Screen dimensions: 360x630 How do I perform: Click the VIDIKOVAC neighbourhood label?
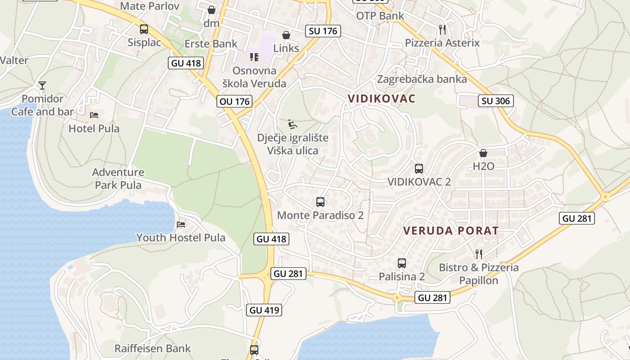(382, 99)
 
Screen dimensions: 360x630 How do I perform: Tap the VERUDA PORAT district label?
(450, 231)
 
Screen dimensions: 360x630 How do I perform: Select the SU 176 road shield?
(323, 31)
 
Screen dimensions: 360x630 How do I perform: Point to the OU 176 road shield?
(234, 101)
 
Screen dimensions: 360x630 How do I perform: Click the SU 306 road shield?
(496, 101)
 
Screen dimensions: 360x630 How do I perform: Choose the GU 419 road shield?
(264, 310)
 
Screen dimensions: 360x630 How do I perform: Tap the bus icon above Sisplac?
(144, 29)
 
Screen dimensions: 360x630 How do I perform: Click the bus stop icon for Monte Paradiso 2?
(320, 202)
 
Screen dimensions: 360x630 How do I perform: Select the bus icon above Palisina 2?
(402, 263)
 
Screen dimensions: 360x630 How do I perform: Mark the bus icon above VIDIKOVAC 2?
(419, 169)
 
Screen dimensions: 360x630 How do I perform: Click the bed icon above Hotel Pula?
(94, 115)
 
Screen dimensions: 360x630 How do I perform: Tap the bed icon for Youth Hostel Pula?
(181, 224)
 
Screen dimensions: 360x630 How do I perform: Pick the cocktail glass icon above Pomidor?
(42, 85)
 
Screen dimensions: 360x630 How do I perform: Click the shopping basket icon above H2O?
(483, 153)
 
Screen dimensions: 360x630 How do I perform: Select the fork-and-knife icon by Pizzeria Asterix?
(442, 30)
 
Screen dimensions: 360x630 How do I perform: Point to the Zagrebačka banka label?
(422, 79)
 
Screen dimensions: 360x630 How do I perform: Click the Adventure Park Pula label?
(118, 179)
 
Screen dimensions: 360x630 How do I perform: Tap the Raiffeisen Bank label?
(153, 348)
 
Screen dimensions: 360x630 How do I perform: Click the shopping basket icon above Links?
(286, 35)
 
